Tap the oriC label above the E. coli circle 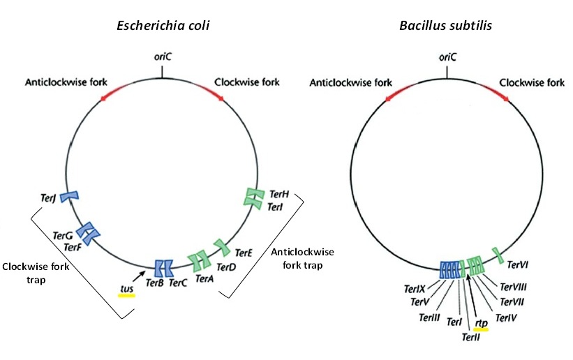(163, 60)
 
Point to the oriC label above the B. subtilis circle (447, 60)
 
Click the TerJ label (48, 199)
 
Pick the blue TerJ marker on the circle (69, 197)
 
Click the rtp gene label (481, 322)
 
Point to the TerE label (244, 253)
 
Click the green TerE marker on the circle (222, 246)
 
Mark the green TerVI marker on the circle (496, 255)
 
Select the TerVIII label (512, 286)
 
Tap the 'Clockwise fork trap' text (31, 273)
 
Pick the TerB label (154, 283)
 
